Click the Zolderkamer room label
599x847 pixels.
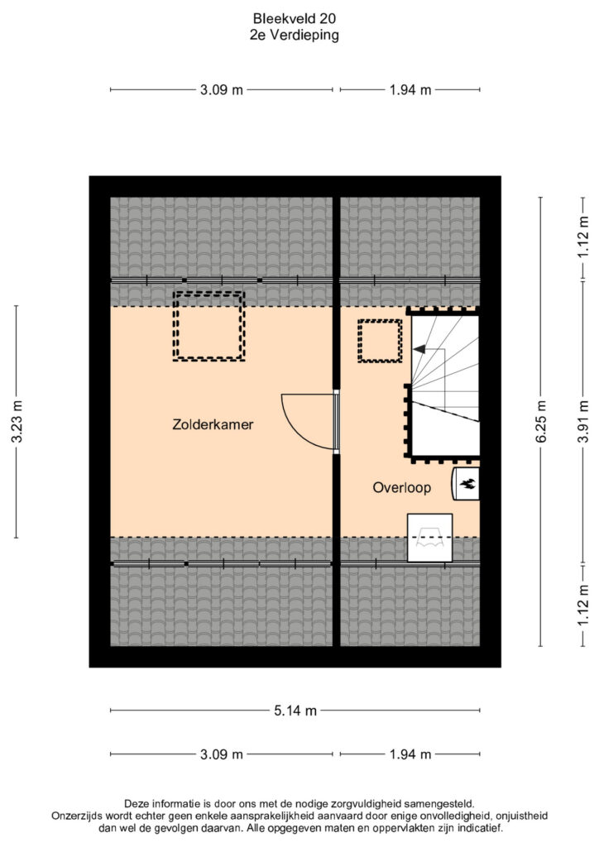tap(213, 424)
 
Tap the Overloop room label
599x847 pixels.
tap(402, 488)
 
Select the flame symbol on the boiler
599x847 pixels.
tap(467, 484)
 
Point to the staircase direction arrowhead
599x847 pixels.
tap(419, 350)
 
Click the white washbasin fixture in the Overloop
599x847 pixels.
tap(430, 538)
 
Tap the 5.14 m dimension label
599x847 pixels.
tap(295, 711)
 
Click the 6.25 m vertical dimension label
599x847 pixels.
tap(541, 422)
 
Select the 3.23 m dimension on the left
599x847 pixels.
tap(17, 422)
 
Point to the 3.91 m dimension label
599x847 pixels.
tap(582, 422)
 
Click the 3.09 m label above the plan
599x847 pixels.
tap(222, 89)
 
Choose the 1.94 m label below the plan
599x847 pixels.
tap(410, 754)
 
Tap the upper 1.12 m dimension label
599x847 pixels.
tap(582, 237)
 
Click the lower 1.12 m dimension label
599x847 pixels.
tap(582, 606)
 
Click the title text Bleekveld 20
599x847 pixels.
tap(295, 18)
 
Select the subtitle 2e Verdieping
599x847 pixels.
tap(295, 35)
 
